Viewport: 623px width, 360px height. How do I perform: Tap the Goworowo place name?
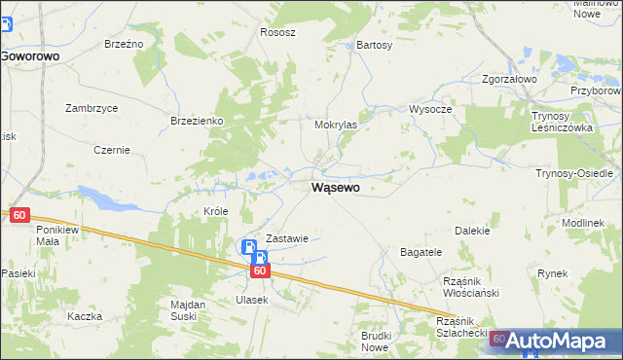[x=30, y=56]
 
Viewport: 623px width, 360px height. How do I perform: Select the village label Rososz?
[x=277, y=32]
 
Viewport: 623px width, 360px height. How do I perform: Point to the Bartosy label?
[x=375, y=45]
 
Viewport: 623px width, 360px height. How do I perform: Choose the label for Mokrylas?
[x=336, y=126]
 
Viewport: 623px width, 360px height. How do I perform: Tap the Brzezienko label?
[x=198, y=120]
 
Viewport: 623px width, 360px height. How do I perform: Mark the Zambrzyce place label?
[x=92, y=108]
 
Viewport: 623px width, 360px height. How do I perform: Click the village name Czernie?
[x=112, y=150]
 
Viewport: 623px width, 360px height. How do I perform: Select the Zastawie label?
[x=287, y=238]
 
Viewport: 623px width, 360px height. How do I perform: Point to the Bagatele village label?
[x=421, y=252]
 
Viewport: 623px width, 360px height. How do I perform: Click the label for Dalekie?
[x=472, y=231]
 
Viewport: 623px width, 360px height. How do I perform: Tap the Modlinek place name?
[x=583, y=223]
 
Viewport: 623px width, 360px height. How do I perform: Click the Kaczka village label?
[x=85, y=317]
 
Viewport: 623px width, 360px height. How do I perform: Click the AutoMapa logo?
[x=558, y=342]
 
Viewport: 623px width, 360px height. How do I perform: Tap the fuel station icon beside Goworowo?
[x=5, y=23]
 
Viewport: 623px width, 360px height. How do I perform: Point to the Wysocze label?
[x=430, y=109]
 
